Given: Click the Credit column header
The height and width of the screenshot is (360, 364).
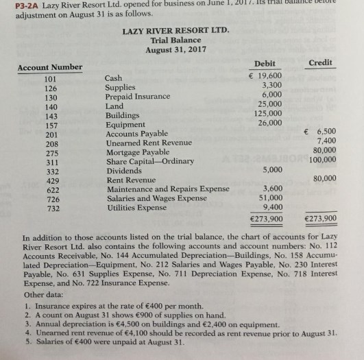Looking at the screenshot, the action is tap(320, 62).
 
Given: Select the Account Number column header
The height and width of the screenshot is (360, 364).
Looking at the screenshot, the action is tap(49, 67).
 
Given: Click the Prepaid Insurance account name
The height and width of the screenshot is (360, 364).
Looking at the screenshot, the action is tap(137, 97).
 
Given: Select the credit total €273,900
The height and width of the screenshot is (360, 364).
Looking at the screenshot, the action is tap(319, 219).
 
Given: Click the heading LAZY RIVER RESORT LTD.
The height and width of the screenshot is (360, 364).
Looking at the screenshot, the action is tap(175, 31).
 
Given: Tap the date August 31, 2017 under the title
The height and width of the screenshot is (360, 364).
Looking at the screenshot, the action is tap(175, 50).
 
